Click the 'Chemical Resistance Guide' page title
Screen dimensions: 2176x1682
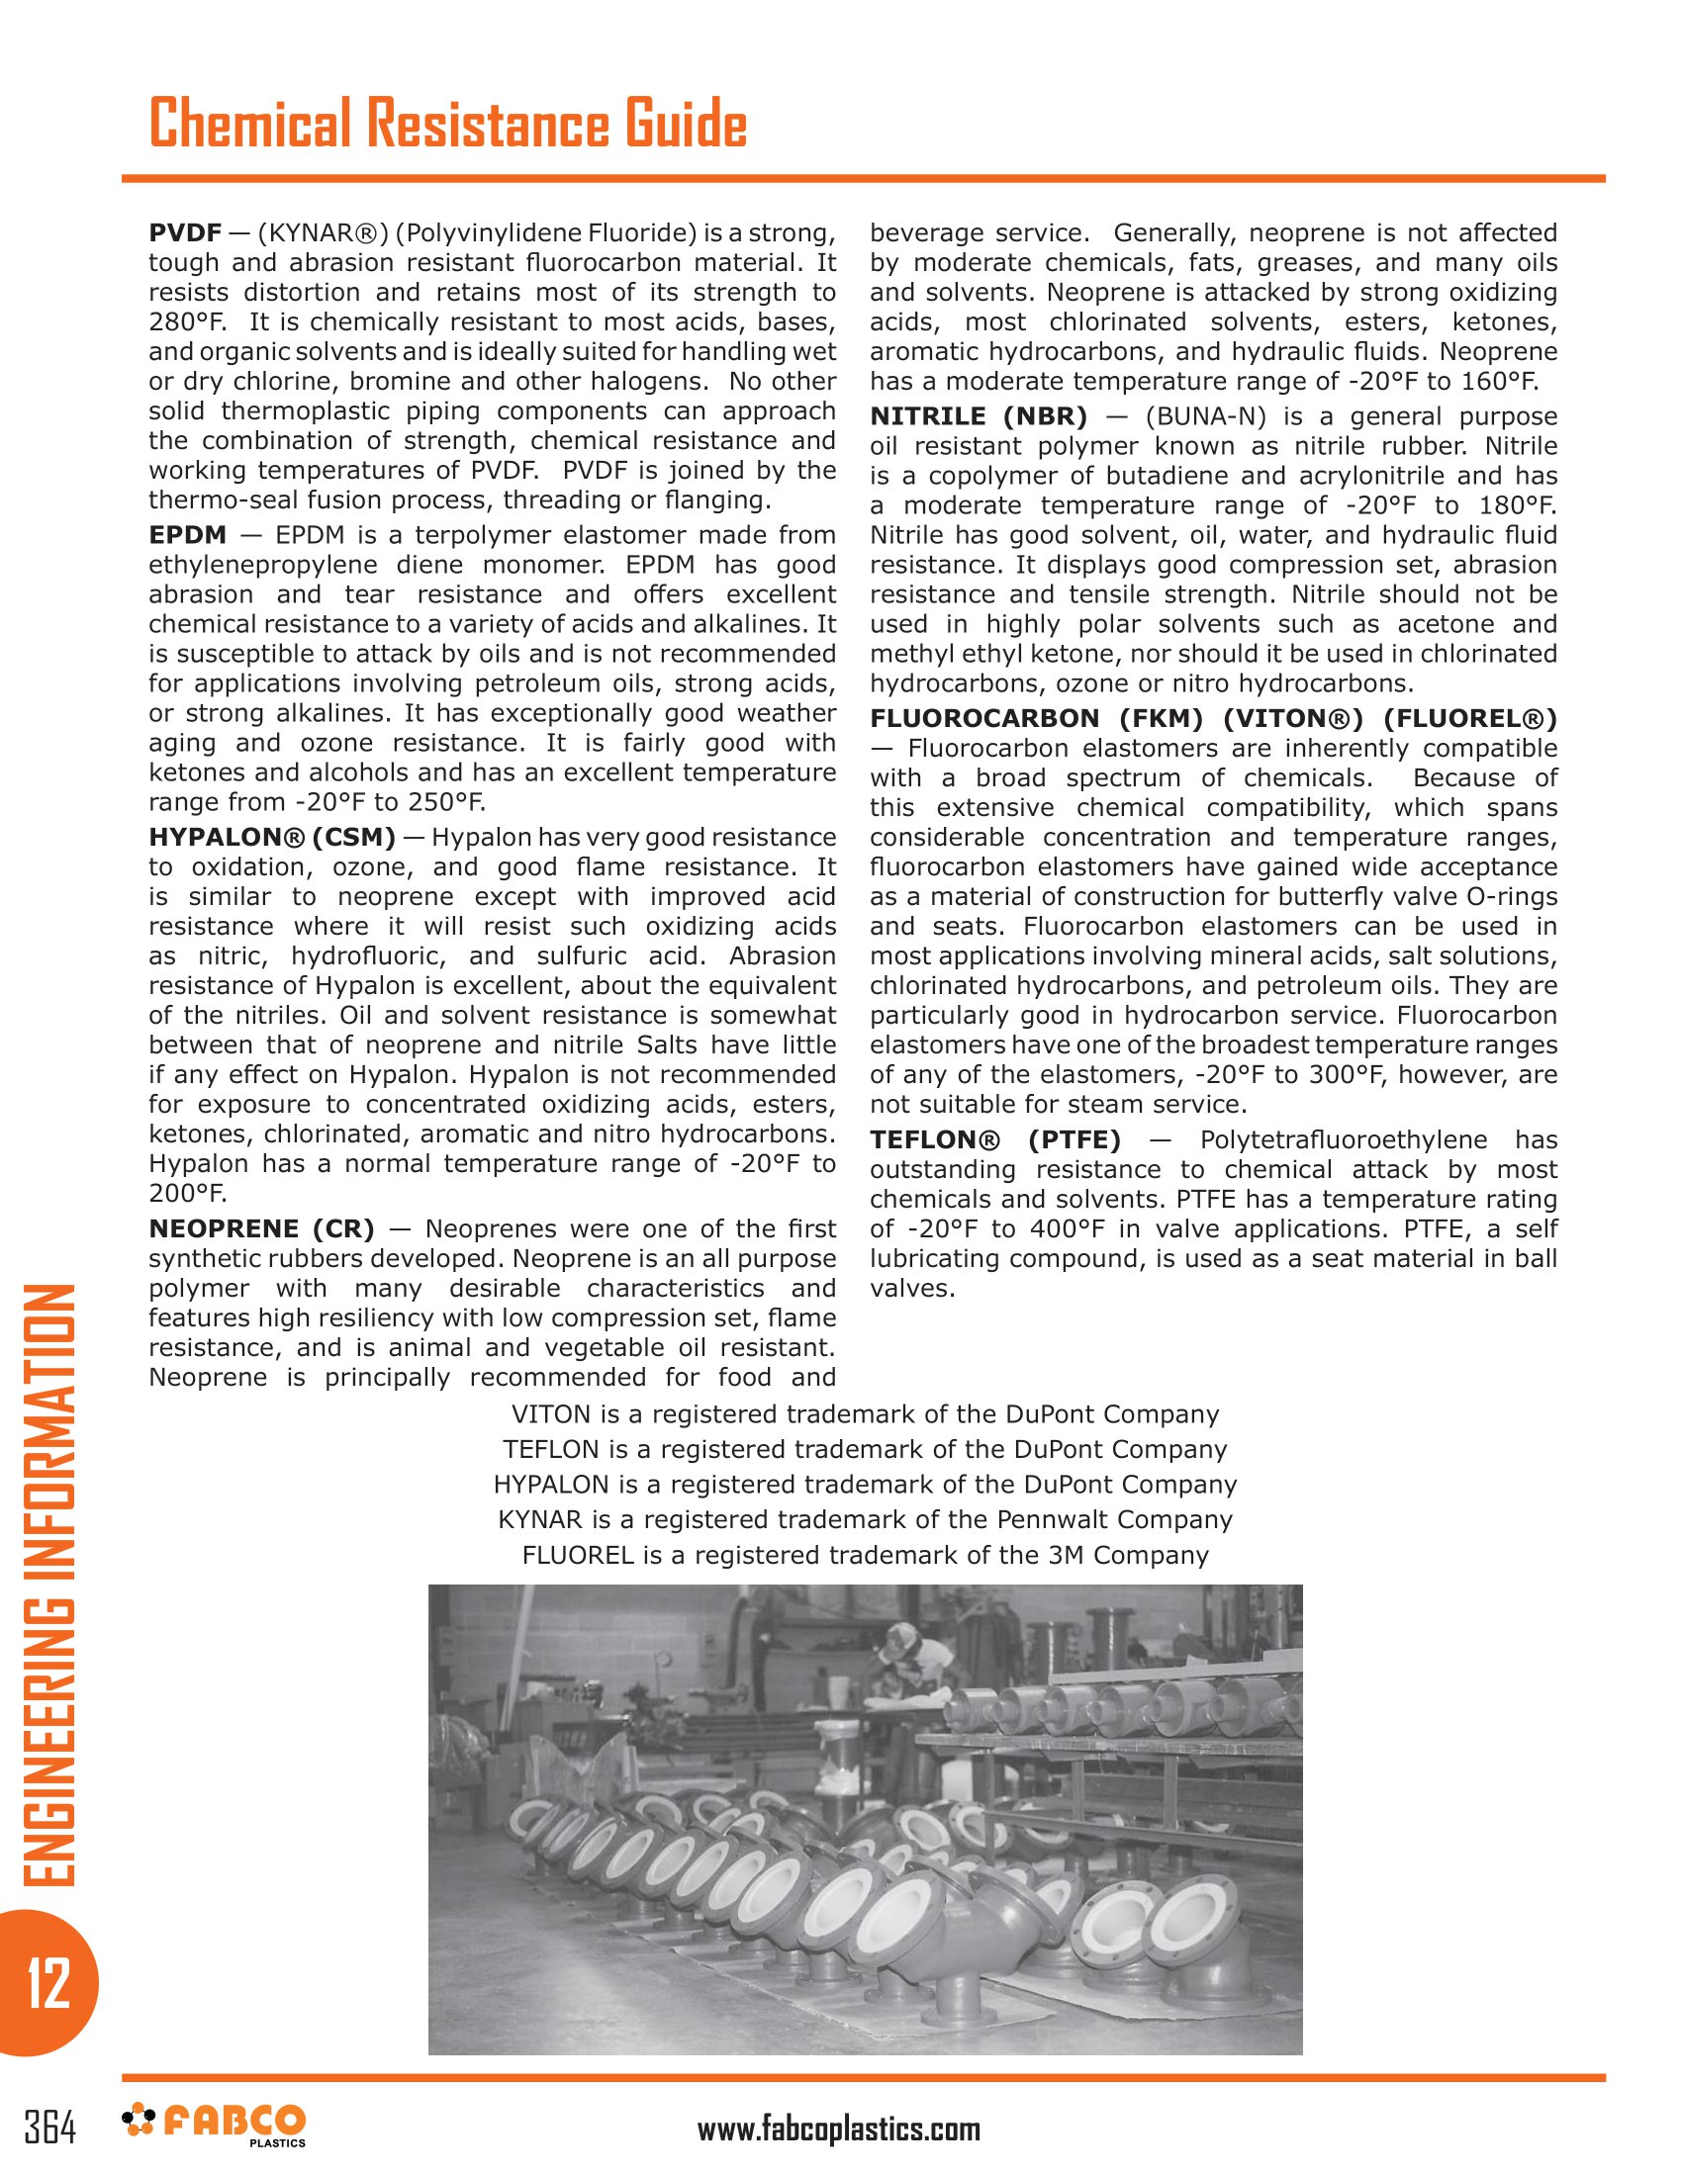click(x=447, y=124)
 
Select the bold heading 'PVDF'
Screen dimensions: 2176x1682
click(x=184, y=233)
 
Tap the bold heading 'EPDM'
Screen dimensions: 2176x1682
click(x=187, y=535)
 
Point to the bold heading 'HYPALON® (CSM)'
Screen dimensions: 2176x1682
click(x=272, y=837)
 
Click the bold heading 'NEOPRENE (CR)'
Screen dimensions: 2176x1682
click(x=261, y=1228)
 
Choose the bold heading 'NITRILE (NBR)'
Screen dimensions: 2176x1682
click(x=979, y=416)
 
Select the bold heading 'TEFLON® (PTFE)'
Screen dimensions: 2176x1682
click(x=994, y=1139)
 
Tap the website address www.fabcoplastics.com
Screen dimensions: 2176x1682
click(x=838, y=2130)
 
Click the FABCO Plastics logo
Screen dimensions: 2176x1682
click(x=215, y=2126)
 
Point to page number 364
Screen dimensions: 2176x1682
click(x=49, y=2130)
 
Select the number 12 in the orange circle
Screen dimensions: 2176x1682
click(x=47, y=1982)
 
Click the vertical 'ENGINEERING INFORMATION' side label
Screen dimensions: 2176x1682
click(x=47, y=1585)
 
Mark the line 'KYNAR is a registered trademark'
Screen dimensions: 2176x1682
click(x=865, y=1519)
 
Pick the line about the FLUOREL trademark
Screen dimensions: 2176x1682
click(x=865, y=1555)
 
